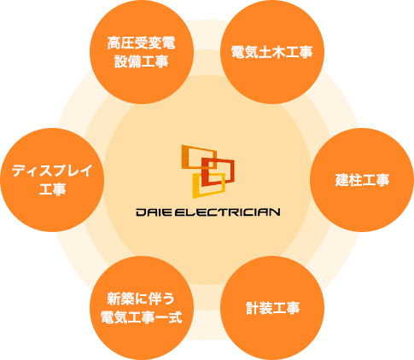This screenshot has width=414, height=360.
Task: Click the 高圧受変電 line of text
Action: tap(142, 43)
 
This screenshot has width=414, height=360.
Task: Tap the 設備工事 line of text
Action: tap(142, 61)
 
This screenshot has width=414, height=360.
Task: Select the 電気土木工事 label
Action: tap(272, 52)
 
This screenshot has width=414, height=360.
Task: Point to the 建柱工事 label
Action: tap(362, 180)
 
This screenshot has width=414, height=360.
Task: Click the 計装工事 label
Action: tap(272, 308)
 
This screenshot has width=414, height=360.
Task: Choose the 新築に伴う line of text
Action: tap(141, 299)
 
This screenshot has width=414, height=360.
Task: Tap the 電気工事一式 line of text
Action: tap(142, 317)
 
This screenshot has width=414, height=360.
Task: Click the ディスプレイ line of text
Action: tap(52, 171)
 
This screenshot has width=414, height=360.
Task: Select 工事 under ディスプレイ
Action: tap(52, 189)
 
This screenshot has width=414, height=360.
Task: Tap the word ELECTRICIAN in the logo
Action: tap(227, 212)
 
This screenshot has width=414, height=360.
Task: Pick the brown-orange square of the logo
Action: tap(199, 157)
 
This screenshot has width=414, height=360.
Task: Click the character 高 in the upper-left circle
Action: tap(114, 43)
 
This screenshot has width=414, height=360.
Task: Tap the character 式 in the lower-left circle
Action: tap(175, 317)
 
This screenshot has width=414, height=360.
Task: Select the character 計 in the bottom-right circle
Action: tap(253, 308)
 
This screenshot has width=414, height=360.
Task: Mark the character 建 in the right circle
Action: tap(341, 180)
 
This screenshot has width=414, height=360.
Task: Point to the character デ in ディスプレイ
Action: tap(20, 171)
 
